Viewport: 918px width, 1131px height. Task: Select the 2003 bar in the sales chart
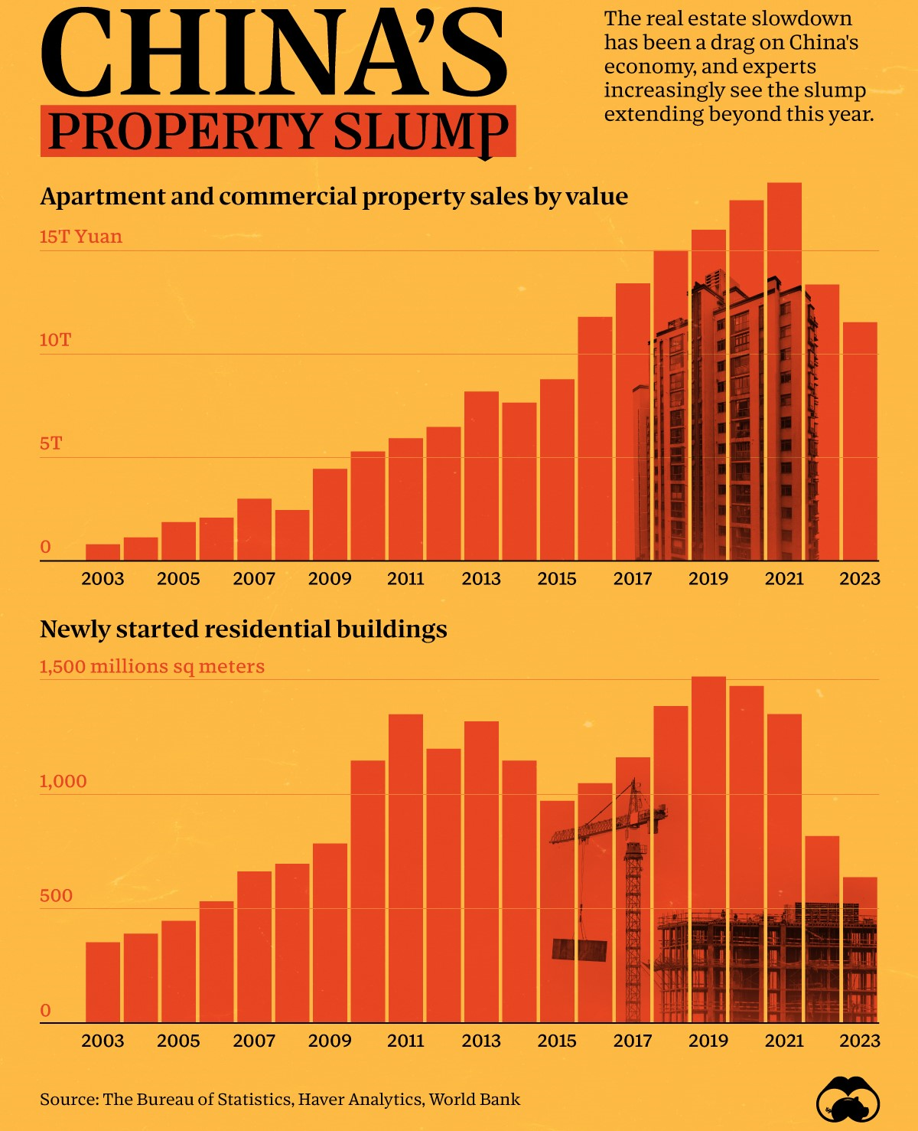(103, 552)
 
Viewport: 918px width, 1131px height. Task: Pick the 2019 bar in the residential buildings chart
(708, 842)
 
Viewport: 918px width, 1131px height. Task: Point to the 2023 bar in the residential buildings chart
(860, 950)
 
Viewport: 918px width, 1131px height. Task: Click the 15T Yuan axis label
(80, 237)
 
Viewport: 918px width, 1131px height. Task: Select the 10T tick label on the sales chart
(55, 340)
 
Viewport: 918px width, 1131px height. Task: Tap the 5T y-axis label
(50, 443)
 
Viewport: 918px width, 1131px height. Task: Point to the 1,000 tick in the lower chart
(63, 781)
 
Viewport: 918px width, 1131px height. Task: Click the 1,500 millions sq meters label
(151, 666)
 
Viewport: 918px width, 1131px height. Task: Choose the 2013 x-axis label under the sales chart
(481, 579)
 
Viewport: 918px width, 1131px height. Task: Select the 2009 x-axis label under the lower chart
(330, 1041)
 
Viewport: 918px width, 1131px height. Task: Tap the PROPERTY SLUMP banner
(278, 131)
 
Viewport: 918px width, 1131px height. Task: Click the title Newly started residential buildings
(243, 629)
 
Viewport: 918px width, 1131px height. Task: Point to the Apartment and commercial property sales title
(334, 197)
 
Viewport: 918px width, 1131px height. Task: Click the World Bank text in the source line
(474, 1100)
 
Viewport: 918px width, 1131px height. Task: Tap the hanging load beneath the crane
(579, 950)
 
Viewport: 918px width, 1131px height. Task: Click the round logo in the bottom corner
(848, 1101)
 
